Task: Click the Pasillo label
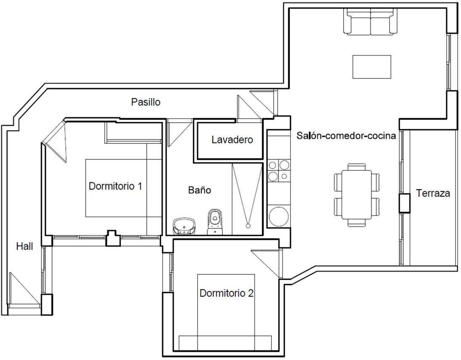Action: (x=146, y=102)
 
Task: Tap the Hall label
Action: (x=24, y=246)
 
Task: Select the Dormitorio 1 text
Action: (x=115, y=186)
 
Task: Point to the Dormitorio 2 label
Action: (x=226, y=293)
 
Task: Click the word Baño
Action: (x=200, y=190)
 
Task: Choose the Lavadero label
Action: (x=232, y=140)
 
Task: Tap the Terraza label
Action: (x=433, y=193)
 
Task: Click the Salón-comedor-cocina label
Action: (x=346, y=136)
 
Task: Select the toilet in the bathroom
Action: (x=215, y=222)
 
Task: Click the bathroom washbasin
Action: (x=184, y=227)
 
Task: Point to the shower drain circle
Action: (x=248, y=226)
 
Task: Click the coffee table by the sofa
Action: (x=372, y=67)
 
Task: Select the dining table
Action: (x=357, y=195)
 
